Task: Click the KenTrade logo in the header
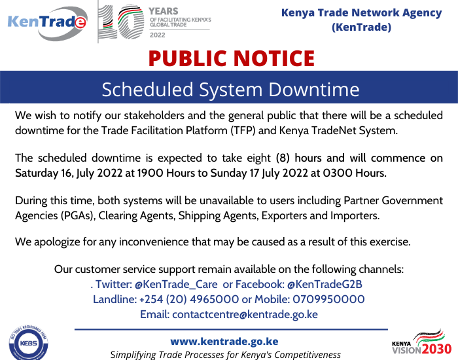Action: point(47,24)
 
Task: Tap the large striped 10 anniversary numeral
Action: point(121,22)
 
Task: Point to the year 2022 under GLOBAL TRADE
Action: point(158,35)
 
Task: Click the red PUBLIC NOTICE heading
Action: point(232,58)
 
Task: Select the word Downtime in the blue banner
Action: point(313,89)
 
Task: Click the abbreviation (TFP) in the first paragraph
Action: point(243,130)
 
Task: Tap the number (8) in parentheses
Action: point(283,158)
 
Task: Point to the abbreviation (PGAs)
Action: point(79,215)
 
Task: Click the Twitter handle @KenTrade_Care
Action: point(176,284)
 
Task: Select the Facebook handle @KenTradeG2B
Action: point(325,284)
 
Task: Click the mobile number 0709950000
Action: point(328,299)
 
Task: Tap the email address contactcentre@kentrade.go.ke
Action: point(245,314)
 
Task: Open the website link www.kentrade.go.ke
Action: point(224,341)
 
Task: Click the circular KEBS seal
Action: point(28,342)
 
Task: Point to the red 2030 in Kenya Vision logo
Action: point(436,350)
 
